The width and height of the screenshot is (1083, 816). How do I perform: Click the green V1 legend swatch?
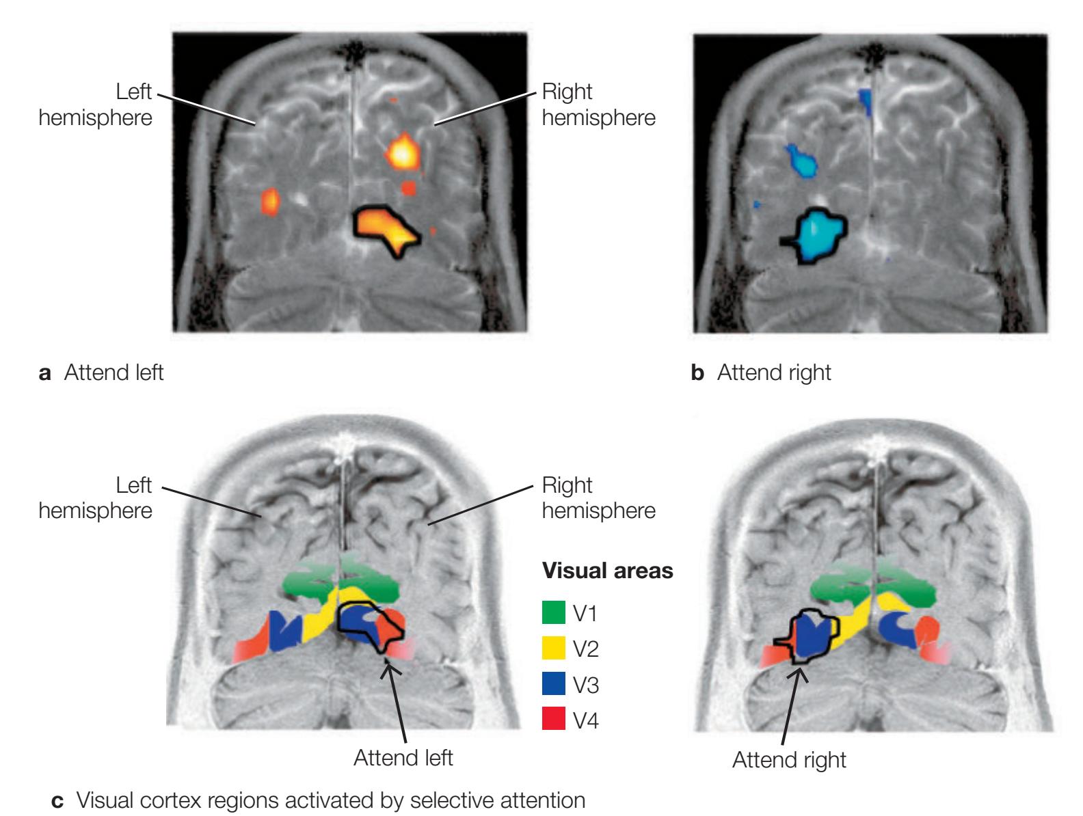(x=554, y=612)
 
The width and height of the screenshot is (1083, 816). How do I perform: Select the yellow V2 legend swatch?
(x=554, y=647)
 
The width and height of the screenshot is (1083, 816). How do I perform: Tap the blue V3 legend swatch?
(x=554, y=683)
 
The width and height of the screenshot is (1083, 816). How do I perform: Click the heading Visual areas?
(x=607, y=571)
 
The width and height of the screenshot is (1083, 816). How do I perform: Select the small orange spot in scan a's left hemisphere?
(x=271, y=200)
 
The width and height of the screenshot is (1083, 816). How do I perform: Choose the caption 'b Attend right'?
(x=762, y=373)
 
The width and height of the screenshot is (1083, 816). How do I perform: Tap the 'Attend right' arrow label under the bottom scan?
(x=789, y=759)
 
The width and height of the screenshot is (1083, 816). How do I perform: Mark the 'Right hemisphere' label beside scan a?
(x=598, y=105)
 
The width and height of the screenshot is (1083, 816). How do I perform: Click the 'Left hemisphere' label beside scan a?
(x=96, y=105)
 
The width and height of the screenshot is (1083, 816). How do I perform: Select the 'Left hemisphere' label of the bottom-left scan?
(x=96, y=498)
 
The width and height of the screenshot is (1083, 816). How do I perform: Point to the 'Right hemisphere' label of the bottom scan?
(x=598, y=498)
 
